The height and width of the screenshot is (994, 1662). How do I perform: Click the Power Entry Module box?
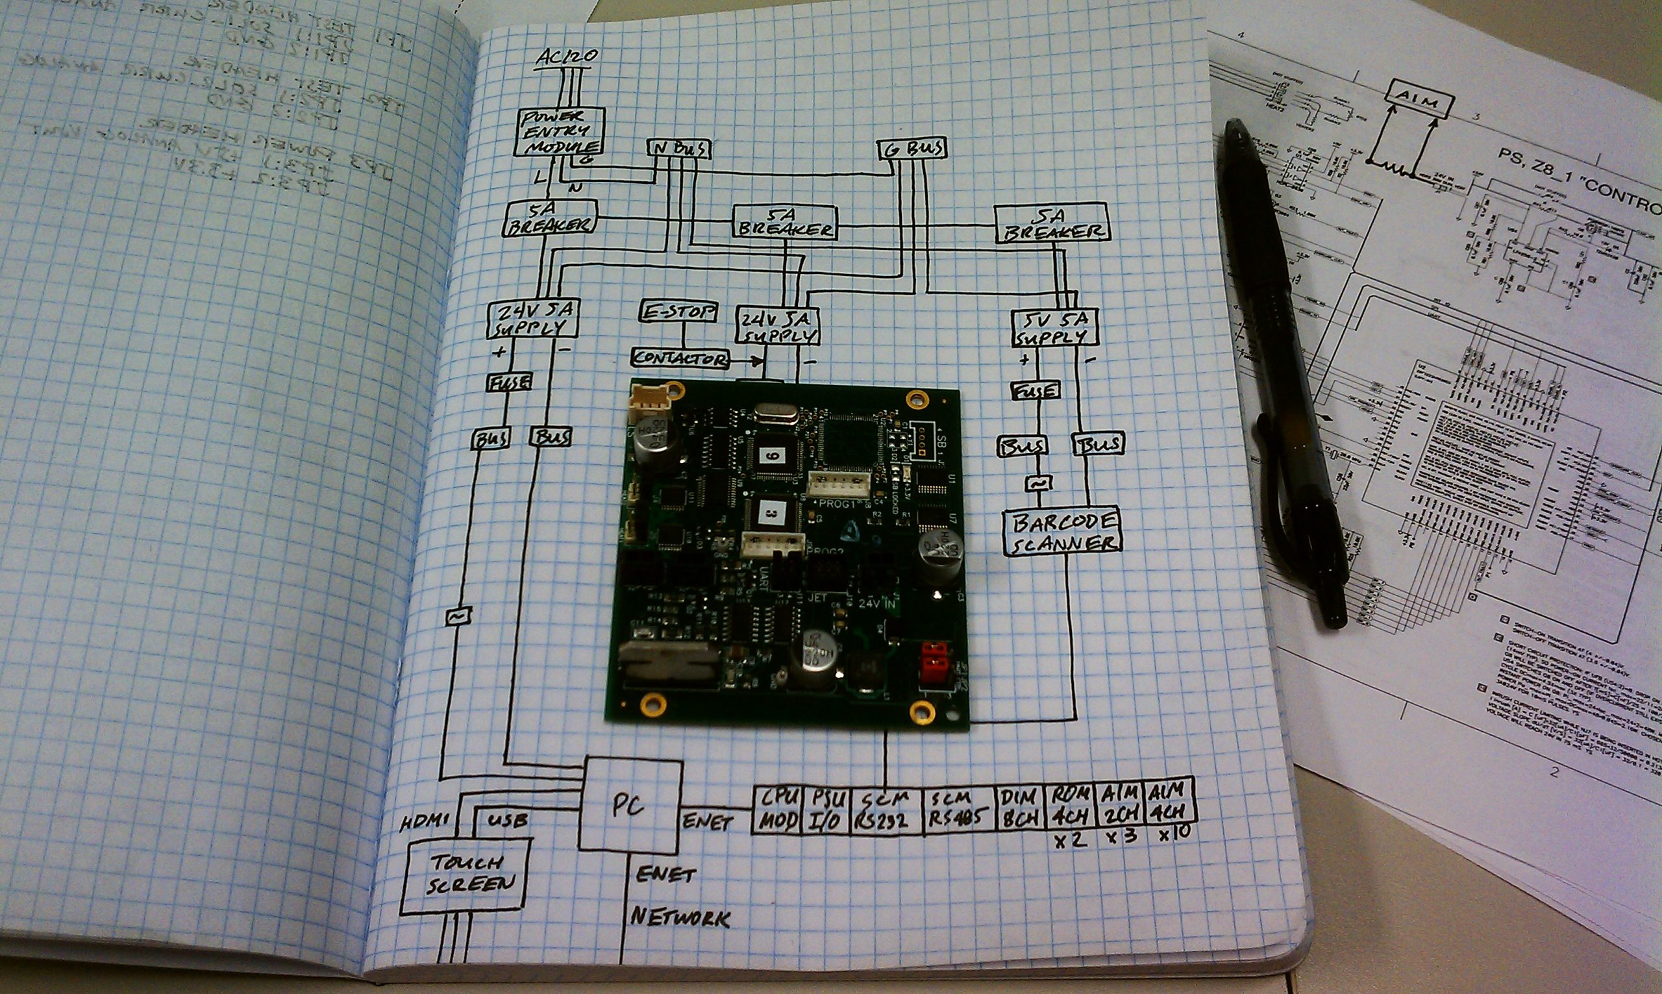coord(560,132)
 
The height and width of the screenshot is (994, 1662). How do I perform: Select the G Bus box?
coord(912,149)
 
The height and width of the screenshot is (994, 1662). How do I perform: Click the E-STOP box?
coord(678,312)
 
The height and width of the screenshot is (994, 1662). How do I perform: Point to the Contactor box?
coord(680,358)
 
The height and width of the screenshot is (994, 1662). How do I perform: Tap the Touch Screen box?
coord(466,876)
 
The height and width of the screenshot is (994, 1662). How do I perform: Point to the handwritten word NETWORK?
coord(680,916)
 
